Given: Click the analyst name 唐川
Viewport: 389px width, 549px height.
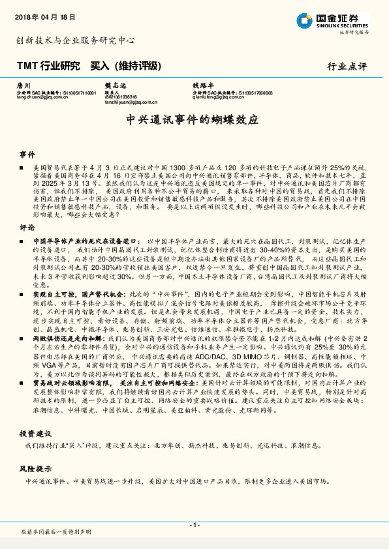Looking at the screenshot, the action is (x=23, y=86).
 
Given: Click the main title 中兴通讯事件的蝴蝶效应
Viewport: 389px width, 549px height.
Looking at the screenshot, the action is (x=192, y=120).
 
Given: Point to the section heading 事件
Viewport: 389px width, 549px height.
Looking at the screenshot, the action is (x=27, y=155).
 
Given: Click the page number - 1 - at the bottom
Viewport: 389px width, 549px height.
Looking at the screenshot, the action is (x=194, y=525).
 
